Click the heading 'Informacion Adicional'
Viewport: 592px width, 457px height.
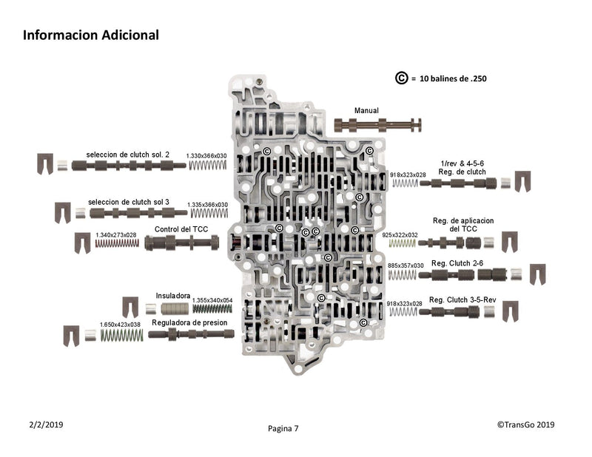coord(90,35)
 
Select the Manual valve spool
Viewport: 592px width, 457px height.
coord(378,125)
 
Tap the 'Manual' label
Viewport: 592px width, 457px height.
coord(366,111)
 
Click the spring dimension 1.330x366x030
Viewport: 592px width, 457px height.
coord(206,155)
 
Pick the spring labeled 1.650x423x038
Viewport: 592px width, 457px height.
coord(122,335)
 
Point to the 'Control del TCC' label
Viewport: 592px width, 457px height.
coord(181,229)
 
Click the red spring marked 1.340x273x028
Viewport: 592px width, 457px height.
coord(117,243)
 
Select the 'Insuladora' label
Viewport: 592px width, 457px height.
coord(173,296)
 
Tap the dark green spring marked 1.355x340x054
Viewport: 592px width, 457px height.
coord(212,308)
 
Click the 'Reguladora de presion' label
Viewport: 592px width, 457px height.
coord(189,322)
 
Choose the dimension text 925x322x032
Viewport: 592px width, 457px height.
coord(400,234)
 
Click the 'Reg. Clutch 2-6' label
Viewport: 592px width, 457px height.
coord(457,263)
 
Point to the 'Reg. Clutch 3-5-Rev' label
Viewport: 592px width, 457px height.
coord(462,300)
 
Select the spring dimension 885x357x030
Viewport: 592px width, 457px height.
coord(406,265)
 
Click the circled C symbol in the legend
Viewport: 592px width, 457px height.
coord(401,78)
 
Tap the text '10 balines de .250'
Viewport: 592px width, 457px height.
coord(453,79)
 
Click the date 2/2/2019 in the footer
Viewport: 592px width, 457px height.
coord(46,424)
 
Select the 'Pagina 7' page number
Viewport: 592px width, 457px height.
coord(283,428)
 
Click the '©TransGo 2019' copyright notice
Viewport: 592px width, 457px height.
coord(525,424)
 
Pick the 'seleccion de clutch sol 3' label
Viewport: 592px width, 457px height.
coord(129,202)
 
